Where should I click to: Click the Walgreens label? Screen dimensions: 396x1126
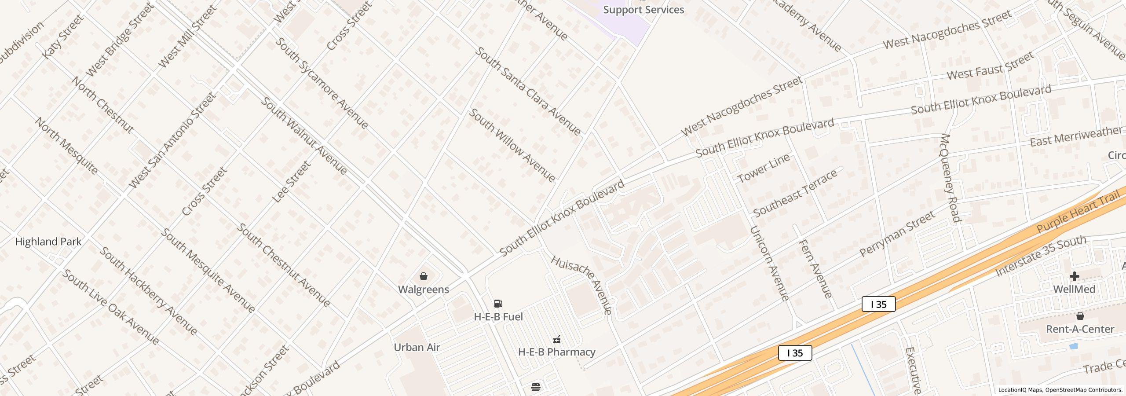(x=423, y=290)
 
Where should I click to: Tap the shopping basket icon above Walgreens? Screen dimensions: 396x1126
(x=423, y=276)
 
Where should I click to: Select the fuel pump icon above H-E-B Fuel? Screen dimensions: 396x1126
(x=498, y=304)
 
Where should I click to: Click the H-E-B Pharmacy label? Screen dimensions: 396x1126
(x=556, y=352)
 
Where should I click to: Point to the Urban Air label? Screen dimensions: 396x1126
(x=417, y=347)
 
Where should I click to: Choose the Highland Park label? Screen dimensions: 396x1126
(x=48, y=242)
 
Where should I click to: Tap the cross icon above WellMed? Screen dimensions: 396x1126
(x=1074, y=276)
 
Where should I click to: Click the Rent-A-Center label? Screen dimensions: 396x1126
(x=1080, y=329)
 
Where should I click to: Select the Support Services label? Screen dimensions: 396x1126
(x=643, y=10)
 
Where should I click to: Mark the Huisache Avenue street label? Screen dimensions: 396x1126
(x=581, y=285)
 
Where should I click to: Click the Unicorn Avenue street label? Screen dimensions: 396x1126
(x=769, y=263)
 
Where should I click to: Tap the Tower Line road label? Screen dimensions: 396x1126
(x=764, y=168)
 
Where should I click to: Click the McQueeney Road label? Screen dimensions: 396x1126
(x=950, y=178)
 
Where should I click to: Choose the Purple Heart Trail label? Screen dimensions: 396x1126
(x=1077, y=212)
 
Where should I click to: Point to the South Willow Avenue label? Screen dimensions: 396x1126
(x=512, y=145)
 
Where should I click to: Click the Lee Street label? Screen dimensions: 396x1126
(x=291, y=182)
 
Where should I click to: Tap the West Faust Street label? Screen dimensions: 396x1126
(x=990, y=66)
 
